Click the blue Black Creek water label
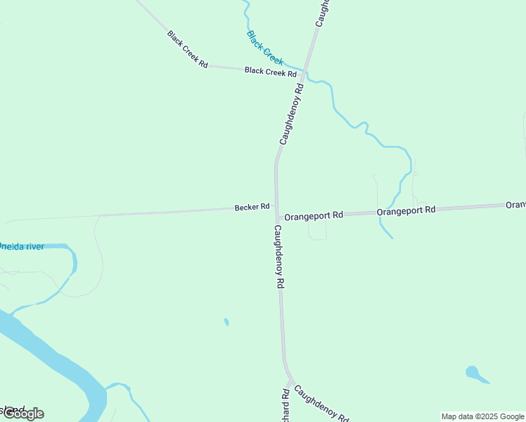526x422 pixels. pyautogui.click(x=265, y=48)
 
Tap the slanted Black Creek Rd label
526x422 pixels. pyautogui.click(x=188, y=49)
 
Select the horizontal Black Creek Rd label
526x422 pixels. pyautogui.click(x=270, y=72)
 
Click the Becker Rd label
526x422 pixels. pyautogui.click(x=252, y=207)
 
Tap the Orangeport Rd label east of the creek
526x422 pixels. pyautogui.click(x=406, y=210)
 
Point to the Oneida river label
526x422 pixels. pyautogui.click(x=21, y=246)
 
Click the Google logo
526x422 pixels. pyautogui.click(x=23, y=414)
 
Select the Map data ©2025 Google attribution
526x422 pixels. pyautogui.click(x=482, y=416)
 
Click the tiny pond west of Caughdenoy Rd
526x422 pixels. pyautogui.click(x=226, y=322)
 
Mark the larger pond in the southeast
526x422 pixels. pyautogui.click(x=473, y=372)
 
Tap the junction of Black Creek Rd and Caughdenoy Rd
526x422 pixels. pyautogui.click(x=303, y=70)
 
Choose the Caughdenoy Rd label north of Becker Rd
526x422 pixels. pyautogui.click(x=291, y=114)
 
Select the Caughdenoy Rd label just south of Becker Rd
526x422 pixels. pyautogui.click(x=279, y=257)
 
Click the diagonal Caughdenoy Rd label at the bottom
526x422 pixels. pyautogui.click(x=321, y=404)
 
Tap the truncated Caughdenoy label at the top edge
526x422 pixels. pyautogui.click(x=322, y=13)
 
